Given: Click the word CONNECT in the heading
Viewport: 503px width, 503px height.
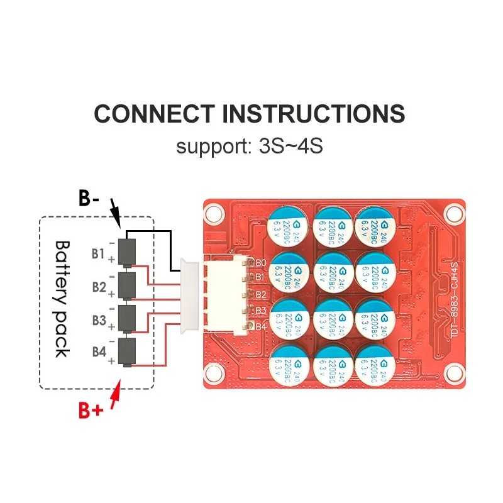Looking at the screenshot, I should [x=155, y=114].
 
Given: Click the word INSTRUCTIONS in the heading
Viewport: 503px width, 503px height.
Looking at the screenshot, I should [x=314, y=114].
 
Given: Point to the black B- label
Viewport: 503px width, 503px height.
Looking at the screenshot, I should [x=89, y=199].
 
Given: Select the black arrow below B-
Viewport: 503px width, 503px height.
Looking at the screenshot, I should [x=115, y=213].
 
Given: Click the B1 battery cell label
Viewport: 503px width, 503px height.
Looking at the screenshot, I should [x=97, y=253].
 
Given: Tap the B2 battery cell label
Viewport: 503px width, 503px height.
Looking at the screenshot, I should [x=98, y=287].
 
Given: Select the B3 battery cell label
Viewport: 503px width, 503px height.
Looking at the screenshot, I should [x=98, y=320].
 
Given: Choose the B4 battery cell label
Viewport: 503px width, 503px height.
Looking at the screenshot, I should [x=98, y=352].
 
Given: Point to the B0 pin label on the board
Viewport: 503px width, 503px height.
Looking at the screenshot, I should [x=261, y=262].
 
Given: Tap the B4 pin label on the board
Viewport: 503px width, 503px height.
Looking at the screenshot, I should [x=261, y=326].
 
